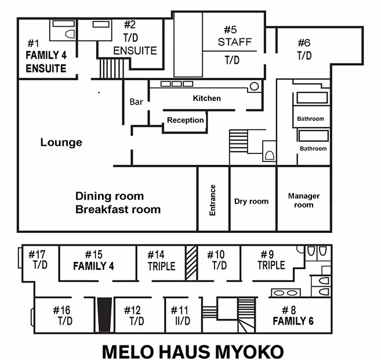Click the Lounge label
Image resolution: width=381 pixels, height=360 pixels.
[61, 142]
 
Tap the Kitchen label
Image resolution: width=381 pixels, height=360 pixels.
[206, 98]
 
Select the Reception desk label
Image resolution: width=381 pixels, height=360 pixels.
[185, 120]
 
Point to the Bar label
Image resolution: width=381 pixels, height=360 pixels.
[136, 102]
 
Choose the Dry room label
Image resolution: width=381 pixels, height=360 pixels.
[251, 201]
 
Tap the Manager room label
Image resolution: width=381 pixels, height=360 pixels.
[303, 200]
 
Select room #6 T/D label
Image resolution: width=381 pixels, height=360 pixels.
[304, 49]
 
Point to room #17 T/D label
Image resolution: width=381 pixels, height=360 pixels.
[39, 260]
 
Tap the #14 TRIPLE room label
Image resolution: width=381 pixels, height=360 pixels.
[161, 260]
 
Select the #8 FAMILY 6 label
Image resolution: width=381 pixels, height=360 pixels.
[293, 315]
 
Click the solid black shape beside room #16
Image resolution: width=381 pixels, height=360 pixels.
[104, 315]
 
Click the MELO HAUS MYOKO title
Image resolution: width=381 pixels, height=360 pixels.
[193, 351]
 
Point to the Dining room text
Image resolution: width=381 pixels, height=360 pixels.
[110, 196]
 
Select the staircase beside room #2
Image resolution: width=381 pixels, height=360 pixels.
[109, 68]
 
